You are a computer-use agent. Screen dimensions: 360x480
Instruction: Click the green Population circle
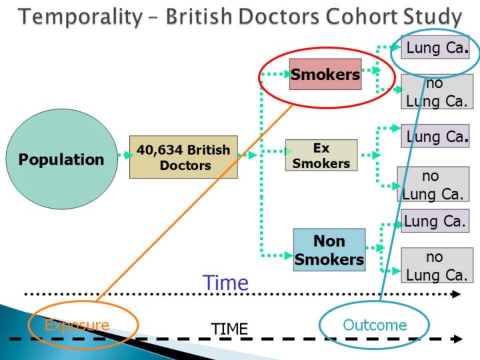coord(61,159)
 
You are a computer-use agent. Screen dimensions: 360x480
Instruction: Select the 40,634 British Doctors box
coord(183,157)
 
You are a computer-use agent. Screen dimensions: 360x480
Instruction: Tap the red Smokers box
coord(325,74)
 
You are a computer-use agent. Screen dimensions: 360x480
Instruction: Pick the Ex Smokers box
coord(321,155)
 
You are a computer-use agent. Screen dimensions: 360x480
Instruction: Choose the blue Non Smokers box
coord(329,249)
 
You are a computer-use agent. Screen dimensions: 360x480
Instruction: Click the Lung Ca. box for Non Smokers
coord(435,220)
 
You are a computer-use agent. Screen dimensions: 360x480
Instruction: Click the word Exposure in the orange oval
coord(77,325)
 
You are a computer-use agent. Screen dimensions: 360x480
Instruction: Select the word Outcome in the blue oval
coord(375,325)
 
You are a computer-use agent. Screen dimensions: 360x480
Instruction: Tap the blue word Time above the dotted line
coord(225,283)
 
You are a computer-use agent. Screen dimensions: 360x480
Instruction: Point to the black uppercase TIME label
coord(229,329)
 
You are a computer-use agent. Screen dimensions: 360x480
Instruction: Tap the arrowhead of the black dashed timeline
coord(457,339)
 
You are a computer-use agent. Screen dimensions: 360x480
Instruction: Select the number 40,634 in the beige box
coord(160,149)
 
